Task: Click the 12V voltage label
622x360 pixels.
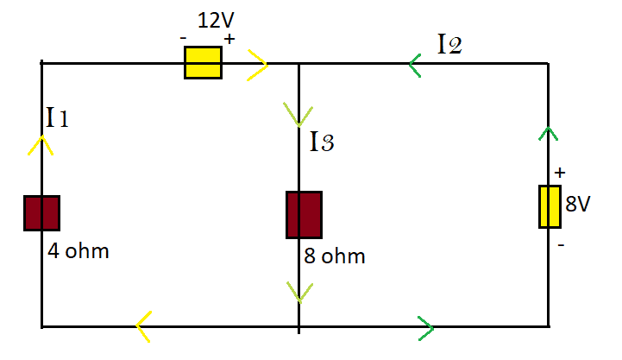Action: click(x=216, y=20)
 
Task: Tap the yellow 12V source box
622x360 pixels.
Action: click(x=203, y=63)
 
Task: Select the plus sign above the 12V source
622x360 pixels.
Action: click(x=229, y=39)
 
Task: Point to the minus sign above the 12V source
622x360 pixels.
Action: click(x=183, y=39)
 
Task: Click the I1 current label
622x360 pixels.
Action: click(x=57, y=117)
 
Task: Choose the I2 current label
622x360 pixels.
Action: click(x=449, y=44)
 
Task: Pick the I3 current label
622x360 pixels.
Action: click(x=322, y=142)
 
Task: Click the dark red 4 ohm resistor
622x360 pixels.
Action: click(x=41, y=213)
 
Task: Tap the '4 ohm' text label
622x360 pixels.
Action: click(x=79, y=251)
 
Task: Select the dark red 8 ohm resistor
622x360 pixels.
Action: click(x=304, y=215)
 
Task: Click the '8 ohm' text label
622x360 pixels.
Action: click(x=335, y=256)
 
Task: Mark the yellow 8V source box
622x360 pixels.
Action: click(x=550, y=206)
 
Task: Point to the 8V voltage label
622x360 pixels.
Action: click(x=578, y=204)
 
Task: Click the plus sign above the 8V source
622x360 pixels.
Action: click(x=560, y=173)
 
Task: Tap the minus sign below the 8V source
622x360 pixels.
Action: click(x=561, y=245)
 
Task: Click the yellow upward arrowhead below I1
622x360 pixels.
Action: click(x=41, y=144)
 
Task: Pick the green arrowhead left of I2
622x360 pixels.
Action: click(x=414, y=65)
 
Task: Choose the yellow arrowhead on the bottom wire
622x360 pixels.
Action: click(x=142, y=326)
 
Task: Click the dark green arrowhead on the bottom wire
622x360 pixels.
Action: click(x=427, y=328)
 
